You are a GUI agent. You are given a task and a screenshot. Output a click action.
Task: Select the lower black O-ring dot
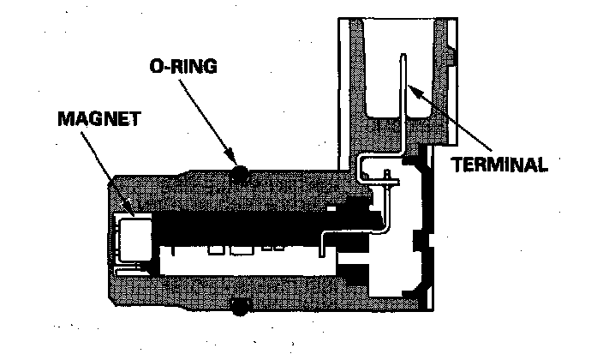(x=241, y=305)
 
